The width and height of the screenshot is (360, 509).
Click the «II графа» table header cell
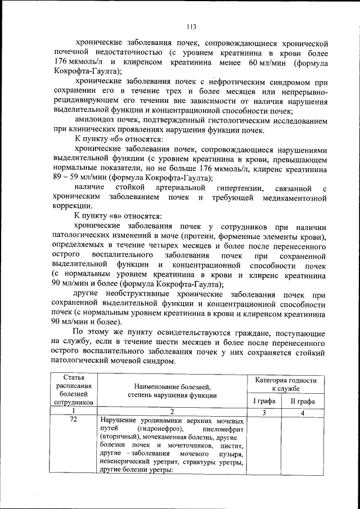302,400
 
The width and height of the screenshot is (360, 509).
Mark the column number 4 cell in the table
302,413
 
